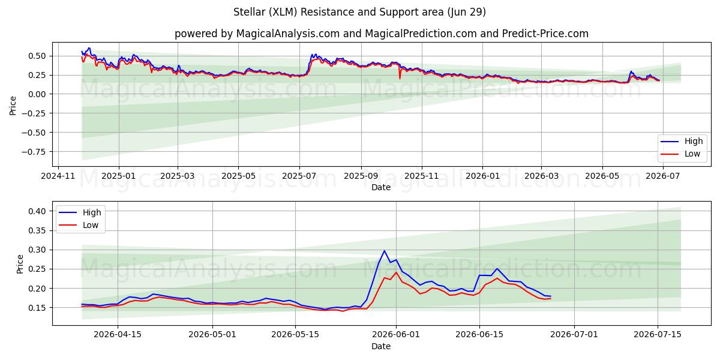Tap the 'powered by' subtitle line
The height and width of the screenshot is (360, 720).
(382, 34)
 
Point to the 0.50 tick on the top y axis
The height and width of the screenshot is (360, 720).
(37, 56)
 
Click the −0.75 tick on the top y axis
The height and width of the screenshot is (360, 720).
(34, 152)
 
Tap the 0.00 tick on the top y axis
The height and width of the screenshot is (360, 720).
(37, 94)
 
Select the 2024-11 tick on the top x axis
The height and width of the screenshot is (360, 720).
(58, 176)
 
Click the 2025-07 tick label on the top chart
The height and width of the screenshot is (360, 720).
(299, 176)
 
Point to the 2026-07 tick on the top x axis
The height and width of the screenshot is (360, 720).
(663, 176)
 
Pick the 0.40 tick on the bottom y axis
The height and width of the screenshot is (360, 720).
(37, 211)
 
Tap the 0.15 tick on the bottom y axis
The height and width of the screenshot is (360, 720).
(37, 308)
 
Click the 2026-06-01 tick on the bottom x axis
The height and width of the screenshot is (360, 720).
(396, 335)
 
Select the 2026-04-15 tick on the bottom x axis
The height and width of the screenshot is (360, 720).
(118, 335)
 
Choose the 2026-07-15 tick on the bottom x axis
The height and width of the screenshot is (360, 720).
(658, 335)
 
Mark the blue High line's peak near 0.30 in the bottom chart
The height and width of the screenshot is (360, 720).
(384, 251)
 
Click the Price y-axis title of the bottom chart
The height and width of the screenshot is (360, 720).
(20, 264)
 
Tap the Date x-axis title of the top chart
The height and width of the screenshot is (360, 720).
(381, 187)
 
